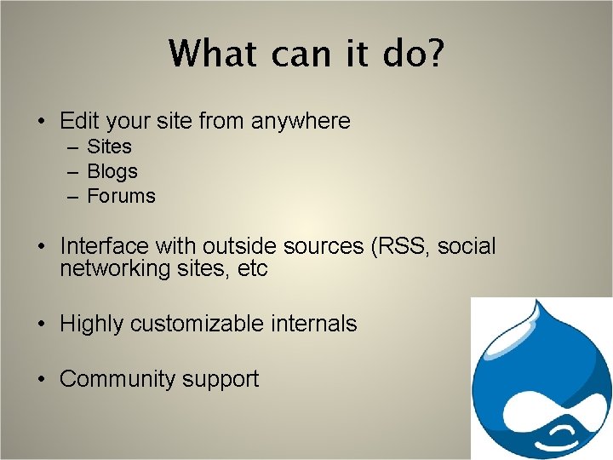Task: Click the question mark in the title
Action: pyautogui.click(x=432, y=53)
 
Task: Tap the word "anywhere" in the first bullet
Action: pyautogui.click(x=301, y=122)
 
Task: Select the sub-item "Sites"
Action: pyautogui.click(x=110, y=147)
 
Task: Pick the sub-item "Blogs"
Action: pyautogui.click(x=112, y=172)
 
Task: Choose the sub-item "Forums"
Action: pyautogui.click(x=122, y=196)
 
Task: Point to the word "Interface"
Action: pyautogui.click(x=104, y=247)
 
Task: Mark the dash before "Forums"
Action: pyautogui.click(x=74, y=197)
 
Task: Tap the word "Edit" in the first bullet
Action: pyautogui.click(x=77, y=122)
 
